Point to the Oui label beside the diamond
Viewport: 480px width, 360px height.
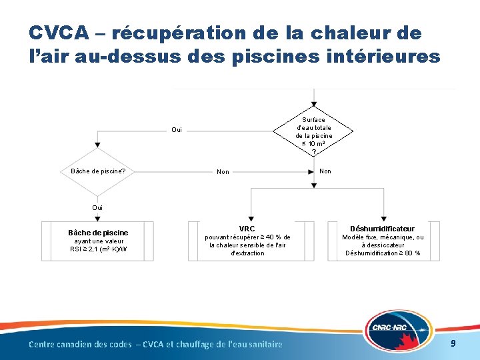[x=177, y=130]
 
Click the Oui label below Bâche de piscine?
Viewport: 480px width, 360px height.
[x=97, y=207]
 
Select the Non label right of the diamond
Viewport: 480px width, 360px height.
[x=325, y=171]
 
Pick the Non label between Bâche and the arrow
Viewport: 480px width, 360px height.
[x=223, y=172]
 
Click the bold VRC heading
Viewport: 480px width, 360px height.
[x=247, y=229]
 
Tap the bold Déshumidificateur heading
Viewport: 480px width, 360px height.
[x=383, y=229]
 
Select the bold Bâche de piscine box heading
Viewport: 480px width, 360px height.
[x=98, y=233]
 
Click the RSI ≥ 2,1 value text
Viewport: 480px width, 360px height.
[x=98, y=250]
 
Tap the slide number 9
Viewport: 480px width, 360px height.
[x=453, y=343]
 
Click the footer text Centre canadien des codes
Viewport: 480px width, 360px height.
[x=80, y=344]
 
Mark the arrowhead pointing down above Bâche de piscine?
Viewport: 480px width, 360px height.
[x=98, y=145]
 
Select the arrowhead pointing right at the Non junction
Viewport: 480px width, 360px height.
[x=311, y=171]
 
